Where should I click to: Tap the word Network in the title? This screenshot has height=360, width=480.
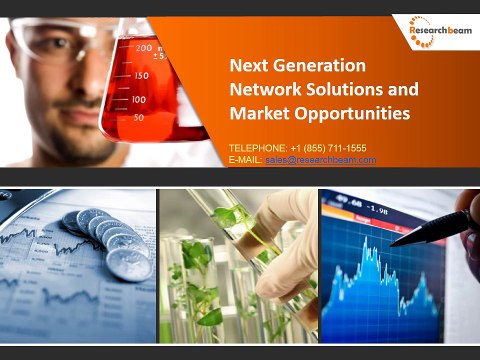(x=262, y=89)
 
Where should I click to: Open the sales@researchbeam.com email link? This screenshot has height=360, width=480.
(x=320, y=160)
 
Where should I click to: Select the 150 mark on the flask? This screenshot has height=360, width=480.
(x=141, y=75)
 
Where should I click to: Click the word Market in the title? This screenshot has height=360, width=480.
(x=257, y=113)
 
